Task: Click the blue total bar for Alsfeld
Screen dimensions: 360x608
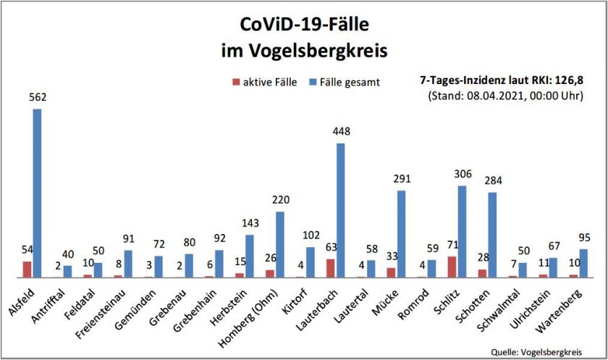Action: [37, 193]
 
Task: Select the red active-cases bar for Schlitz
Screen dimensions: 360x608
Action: [452, 267]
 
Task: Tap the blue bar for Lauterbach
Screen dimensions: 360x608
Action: [341, 210]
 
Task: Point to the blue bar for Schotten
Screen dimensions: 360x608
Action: [492, 235]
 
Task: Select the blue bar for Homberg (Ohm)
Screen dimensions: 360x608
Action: [280, 244]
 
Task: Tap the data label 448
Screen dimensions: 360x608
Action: [340, 133]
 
